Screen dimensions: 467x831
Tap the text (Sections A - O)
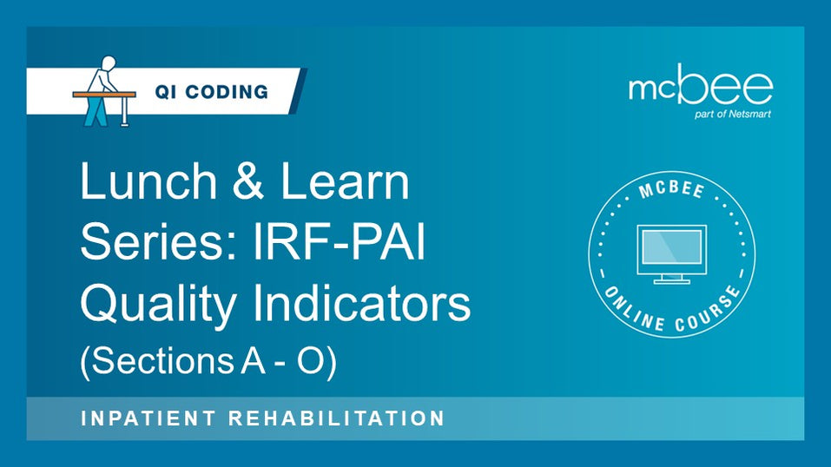[x=208, y=360]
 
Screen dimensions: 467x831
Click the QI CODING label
[x=212, y=91]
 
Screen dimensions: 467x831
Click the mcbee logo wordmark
[x=700, y=87]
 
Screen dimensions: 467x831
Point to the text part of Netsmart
[x=734, y=113]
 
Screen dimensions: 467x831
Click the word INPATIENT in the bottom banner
[x=145, y=418]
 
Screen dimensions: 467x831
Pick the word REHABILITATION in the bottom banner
[x=337, y=418]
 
